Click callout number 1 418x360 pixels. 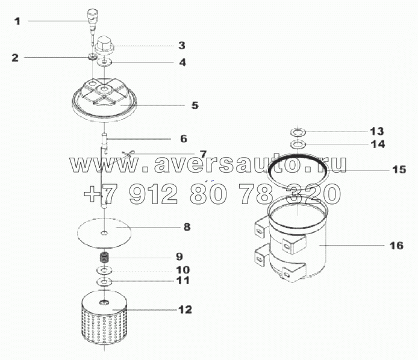(x=17, y=21)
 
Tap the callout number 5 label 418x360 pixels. (x=195, y=105)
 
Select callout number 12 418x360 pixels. (x=185, y=309)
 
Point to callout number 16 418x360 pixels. (x=396, y=246)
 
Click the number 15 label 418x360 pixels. (x=399, y=170)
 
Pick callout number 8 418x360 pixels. (x=187, y=227)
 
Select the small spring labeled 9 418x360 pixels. (x=104, y=258)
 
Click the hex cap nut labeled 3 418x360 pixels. (x=104, y=44)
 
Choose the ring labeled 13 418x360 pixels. (x=298, y=131)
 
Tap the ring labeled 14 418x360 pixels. (x=298, y=144)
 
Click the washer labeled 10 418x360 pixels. (x=104, y=271)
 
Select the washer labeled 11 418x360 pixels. (x=104, y=281)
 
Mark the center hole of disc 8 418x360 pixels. (x=104, y=234)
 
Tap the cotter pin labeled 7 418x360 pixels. (x=128, y=154)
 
